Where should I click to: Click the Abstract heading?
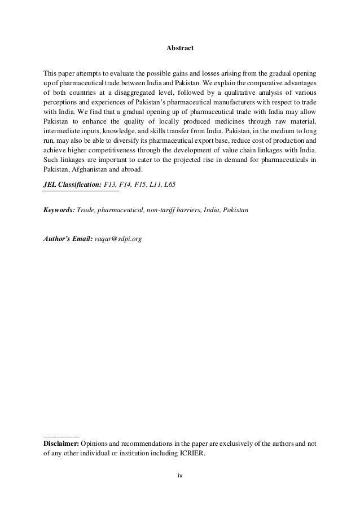[x=180, y=49]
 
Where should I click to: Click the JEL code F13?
[x=112, y=184]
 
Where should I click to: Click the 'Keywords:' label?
[x=59, y=210]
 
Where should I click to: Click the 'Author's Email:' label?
[x=67, y=239]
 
